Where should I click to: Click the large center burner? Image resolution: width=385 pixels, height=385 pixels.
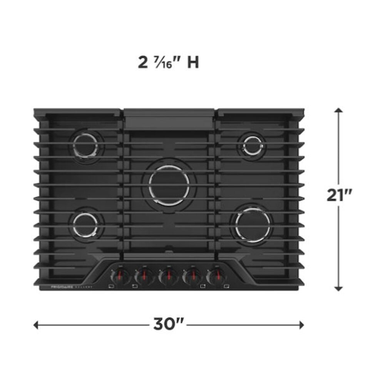[x=169, y=185]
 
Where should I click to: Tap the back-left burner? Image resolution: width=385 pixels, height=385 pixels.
[x=87, y=147]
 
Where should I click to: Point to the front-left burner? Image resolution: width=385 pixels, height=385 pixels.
[x=86, y=224]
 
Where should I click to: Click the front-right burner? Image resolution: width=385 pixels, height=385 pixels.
[x=253, y=224]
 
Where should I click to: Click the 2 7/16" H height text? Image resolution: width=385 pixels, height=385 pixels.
[x=168, y=62]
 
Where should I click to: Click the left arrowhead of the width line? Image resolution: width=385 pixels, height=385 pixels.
[x=36, y=325]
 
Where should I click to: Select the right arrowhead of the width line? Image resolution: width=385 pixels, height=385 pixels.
[x=301, y=325]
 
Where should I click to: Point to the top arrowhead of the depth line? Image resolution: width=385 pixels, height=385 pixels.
[x=338, y=111]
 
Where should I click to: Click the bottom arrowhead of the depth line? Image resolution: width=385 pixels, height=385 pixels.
[x=338, y=288]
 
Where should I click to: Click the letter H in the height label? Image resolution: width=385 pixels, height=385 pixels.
[x=193, y=63]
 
